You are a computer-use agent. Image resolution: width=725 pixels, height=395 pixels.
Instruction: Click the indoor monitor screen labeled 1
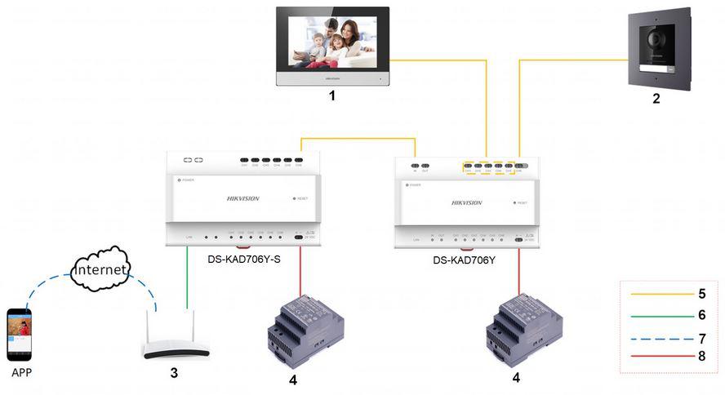click(x=332, y=43)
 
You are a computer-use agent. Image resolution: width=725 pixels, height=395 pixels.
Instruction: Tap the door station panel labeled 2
click(x=659, y=49)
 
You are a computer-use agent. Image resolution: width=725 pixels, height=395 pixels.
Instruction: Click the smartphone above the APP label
click(x=20, y=333)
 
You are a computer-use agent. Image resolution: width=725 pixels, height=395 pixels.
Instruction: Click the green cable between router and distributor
click(x=187, y=277)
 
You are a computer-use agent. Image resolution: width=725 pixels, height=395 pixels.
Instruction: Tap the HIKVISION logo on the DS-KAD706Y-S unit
click(x=242, y=198)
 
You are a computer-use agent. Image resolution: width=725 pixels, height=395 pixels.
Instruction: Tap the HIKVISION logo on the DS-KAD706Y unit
click(x=466, y=202)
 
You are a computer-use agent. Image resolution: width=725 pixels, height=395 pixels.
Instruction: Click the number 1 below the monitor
click(x=331, y=96)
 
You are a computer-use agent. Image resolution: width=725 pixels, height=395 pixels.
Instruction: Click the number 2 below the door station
click(x=656, y=99)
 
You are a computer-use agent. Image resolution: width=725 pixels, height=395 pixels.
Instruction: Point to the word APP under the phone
click(x=20, y=373)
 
